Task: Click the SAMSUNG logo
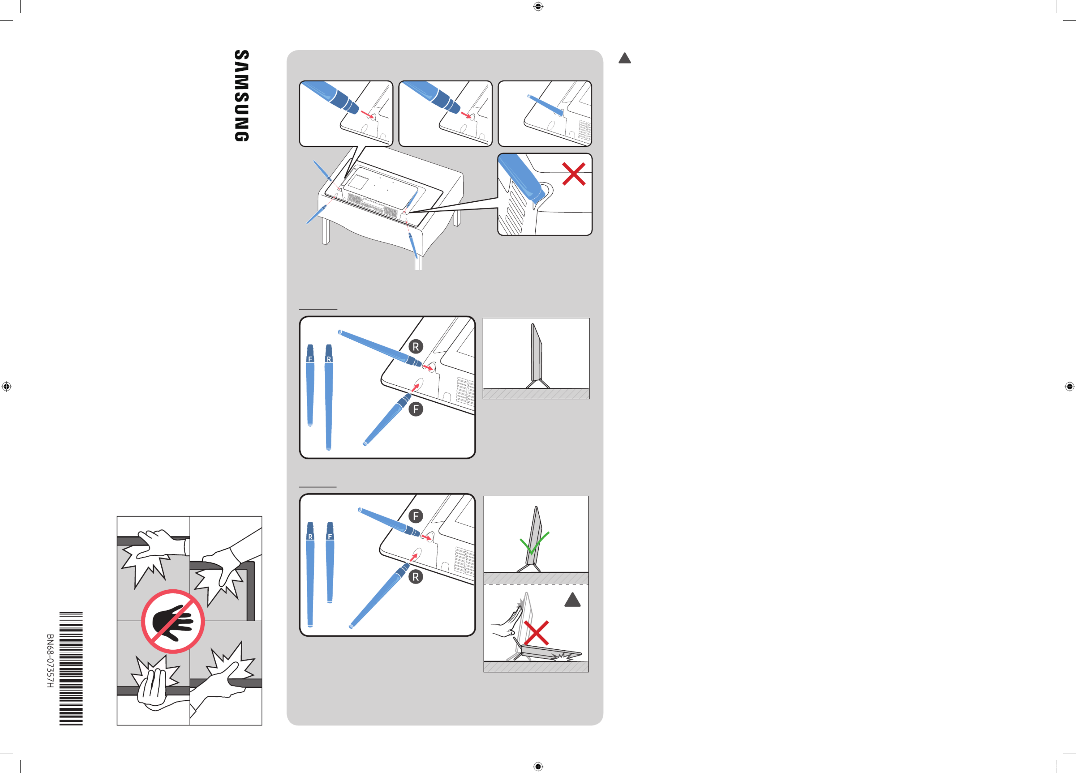242,95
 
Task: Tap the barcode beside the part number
71,669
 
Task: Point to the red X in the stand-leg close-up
574,174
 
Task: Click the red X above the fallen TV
536,633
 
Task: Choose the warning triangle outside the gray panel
624,58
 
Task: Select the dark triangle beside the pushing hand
573,600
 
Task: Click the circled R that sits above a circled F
416,347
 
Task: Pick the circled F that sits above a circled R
416,516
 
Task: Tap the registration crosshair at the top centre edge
538,7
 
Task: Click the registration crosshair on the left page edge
7,386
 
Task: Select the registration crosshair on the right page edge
1069,386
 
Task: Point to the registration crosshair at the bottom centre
538,766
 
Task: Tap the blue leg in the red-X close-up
522,178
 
